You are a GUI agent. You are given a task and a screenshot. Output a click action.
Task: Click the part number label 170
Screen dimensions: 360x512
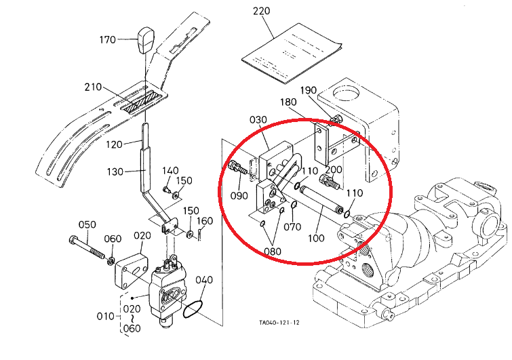tap(108, 39)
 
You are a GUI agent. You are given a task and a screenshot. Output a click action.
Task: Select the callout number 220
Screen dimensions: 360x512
tap(261, 12)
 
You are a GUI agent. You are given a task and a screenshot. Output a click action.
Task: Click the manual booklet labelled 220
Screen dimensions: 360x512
tap(291, 51)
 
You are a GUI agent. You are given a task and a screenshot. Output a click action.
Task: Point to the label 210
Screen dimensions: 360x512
tap(94, 87)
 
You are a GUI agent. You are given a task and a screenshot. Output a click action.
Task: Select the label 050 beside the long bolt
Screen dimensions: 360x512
tap(87, 224)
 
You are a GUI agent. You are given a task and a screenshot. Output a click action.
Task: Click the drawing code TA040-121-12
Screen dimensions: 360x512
tap(278, 323)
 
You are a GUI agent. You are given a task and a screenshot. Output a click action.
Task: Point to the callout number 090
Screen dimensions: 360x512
tap(239, 197)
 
